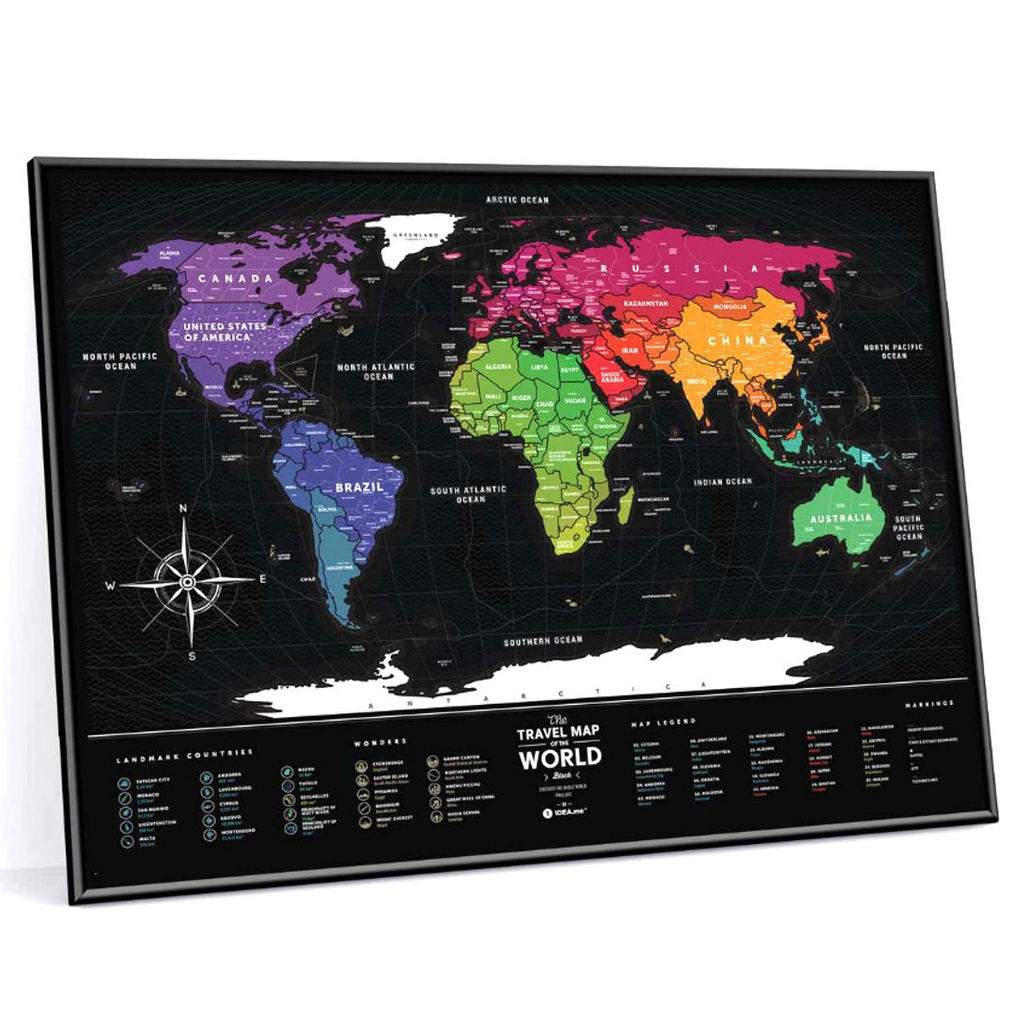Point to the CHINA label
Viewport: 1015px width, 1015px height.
click(x=738, y=340)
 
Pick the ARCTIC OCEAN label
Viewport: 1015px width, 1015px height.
click(x=517, y=199)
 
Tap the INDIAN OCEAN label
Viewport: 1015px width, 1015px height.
click(x=724, y=481)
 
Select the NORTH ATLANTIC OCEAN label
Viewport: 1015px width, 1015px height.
click(x=379, y=371)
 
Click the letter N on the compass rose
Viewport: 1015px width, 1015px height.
click(x=184, y=510)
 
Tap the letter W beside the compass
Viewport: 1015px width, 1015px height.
click(x=111, y=585)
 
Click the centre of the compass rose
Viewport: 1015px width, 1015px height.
click(x=188, y=583)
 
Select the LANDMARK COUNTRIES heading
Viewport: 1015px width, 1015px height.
click(x=185, y=753)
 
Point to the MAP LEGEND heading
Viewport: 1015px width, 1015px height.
click(x=664, y=722)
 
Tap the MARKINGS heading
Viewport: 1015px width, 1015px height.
click(x=929, y=703)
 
